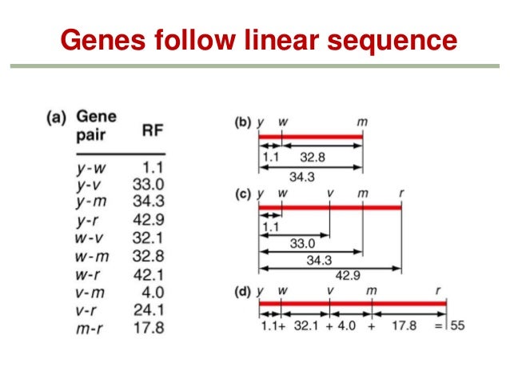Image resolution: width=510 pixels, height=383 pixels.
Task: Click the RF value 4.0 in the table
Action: point(151,295)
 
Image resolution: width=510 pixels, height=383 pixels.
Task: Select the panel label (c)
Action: point(242,195)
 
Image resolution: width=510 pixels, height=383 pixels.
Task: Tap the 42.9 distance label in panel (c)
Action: point(346,276)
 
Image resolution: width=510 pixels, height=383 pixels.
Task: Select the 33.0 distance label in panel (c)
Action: point(301,244)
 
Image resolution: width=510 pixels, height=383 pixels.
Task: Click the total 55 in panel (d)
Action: point(457,325)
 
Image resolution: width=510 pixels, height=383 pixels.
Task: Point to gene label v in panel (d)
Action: point(330,292)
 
